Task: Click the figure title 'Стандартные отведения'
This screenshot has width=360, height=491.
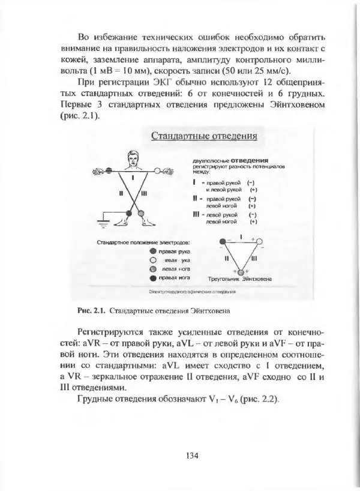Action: pyautogui.click(x=204, y=136)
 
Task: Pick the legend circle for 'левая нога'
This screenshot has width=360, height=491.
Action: pyautogui.click(x=153, y=270)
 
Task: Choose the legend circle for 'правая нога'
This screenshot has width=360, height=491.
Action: pyautogui.click(x=153, y=279)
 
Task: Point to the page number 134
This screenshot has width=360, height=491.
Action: pyautogui.click(x=192, y=455)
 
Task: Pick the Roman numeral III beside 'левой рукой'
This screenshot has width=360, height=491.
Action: pyautogui.click(x=197, y=214)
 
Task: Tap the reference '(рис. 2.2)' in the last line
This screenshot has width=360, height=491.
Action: pyautogui.click(x=259, y=399)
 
